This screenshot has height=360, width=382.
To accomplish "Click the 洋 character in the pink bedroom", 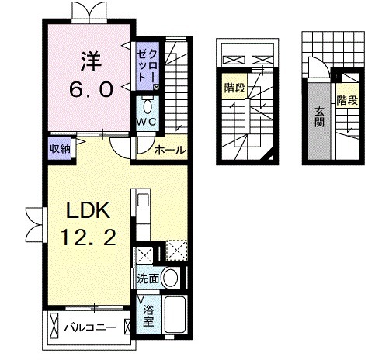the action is (90, 61).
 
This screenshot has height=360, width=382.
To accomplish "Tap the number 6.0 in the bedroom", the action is (91, 89).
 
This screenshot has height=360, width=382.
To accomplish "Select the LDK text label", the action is (89, 210).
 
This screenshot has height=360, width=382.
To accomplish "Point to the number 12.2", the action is (89, 237).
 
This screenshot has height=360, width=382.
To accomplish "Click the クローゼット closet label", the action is (147, 65).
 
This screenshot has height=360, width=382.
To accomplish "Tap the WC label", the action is (147, 122).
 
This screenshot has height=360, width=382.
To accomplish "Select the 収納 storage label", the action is (60, 148).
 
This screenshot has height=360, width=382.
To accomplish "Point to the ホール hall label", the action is (170, 150).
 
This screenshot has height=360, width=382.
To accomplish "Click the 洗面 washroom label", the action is (148, 279).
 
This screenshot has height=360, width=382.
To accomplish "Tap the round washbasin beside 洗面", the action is (170, 278).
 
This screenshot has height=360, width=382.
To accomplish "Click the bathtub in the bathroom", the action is (175, 314).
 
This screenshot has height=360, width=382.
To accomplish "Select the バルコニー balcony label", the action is (90, 327).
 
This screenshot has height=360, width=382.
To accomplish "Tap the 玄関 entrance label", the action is (320, 116).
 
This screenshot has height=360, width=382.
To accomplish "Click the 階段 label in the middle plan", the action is (234, 88).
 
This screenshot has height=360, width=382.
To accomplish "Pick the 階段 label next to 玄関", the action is (347, 100).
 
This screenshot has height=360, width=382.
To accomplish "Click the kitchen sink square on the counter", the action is (143, 200).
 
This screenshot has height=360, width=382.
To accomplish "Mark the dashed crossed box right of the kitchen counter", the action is (177, 251).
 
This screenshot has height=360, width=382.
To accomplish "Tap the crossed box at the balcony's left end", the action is (54, 325).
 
